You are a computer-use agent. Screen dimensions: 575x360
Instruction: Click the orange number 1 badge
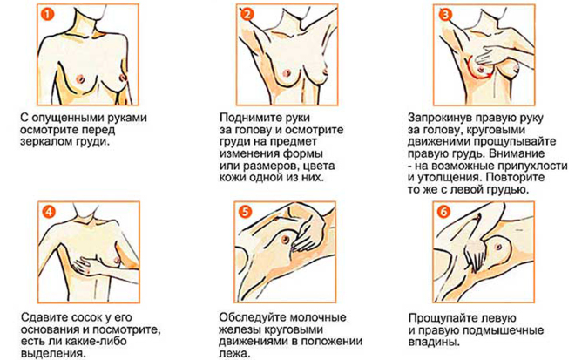pos(48,14)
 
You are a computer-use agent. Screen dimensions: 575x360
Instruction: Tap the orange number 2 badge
pos(247,14)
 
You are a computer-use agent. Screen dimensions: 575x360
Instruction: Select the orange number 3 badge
pos(445,14)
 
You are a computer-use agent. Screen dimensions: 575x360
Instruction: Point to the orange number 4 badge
pos(49,212)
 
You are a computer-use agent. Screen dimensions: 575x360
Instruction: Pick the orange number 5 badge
pos(246,212)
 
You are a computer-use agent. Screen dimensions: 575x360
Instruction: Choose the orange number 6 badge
pos(444,212)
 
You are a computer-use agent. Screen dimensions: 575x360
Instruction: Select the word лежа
pos(234,354)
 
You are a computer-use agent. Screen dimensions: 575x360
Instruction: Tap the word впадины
pos(434,343)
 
